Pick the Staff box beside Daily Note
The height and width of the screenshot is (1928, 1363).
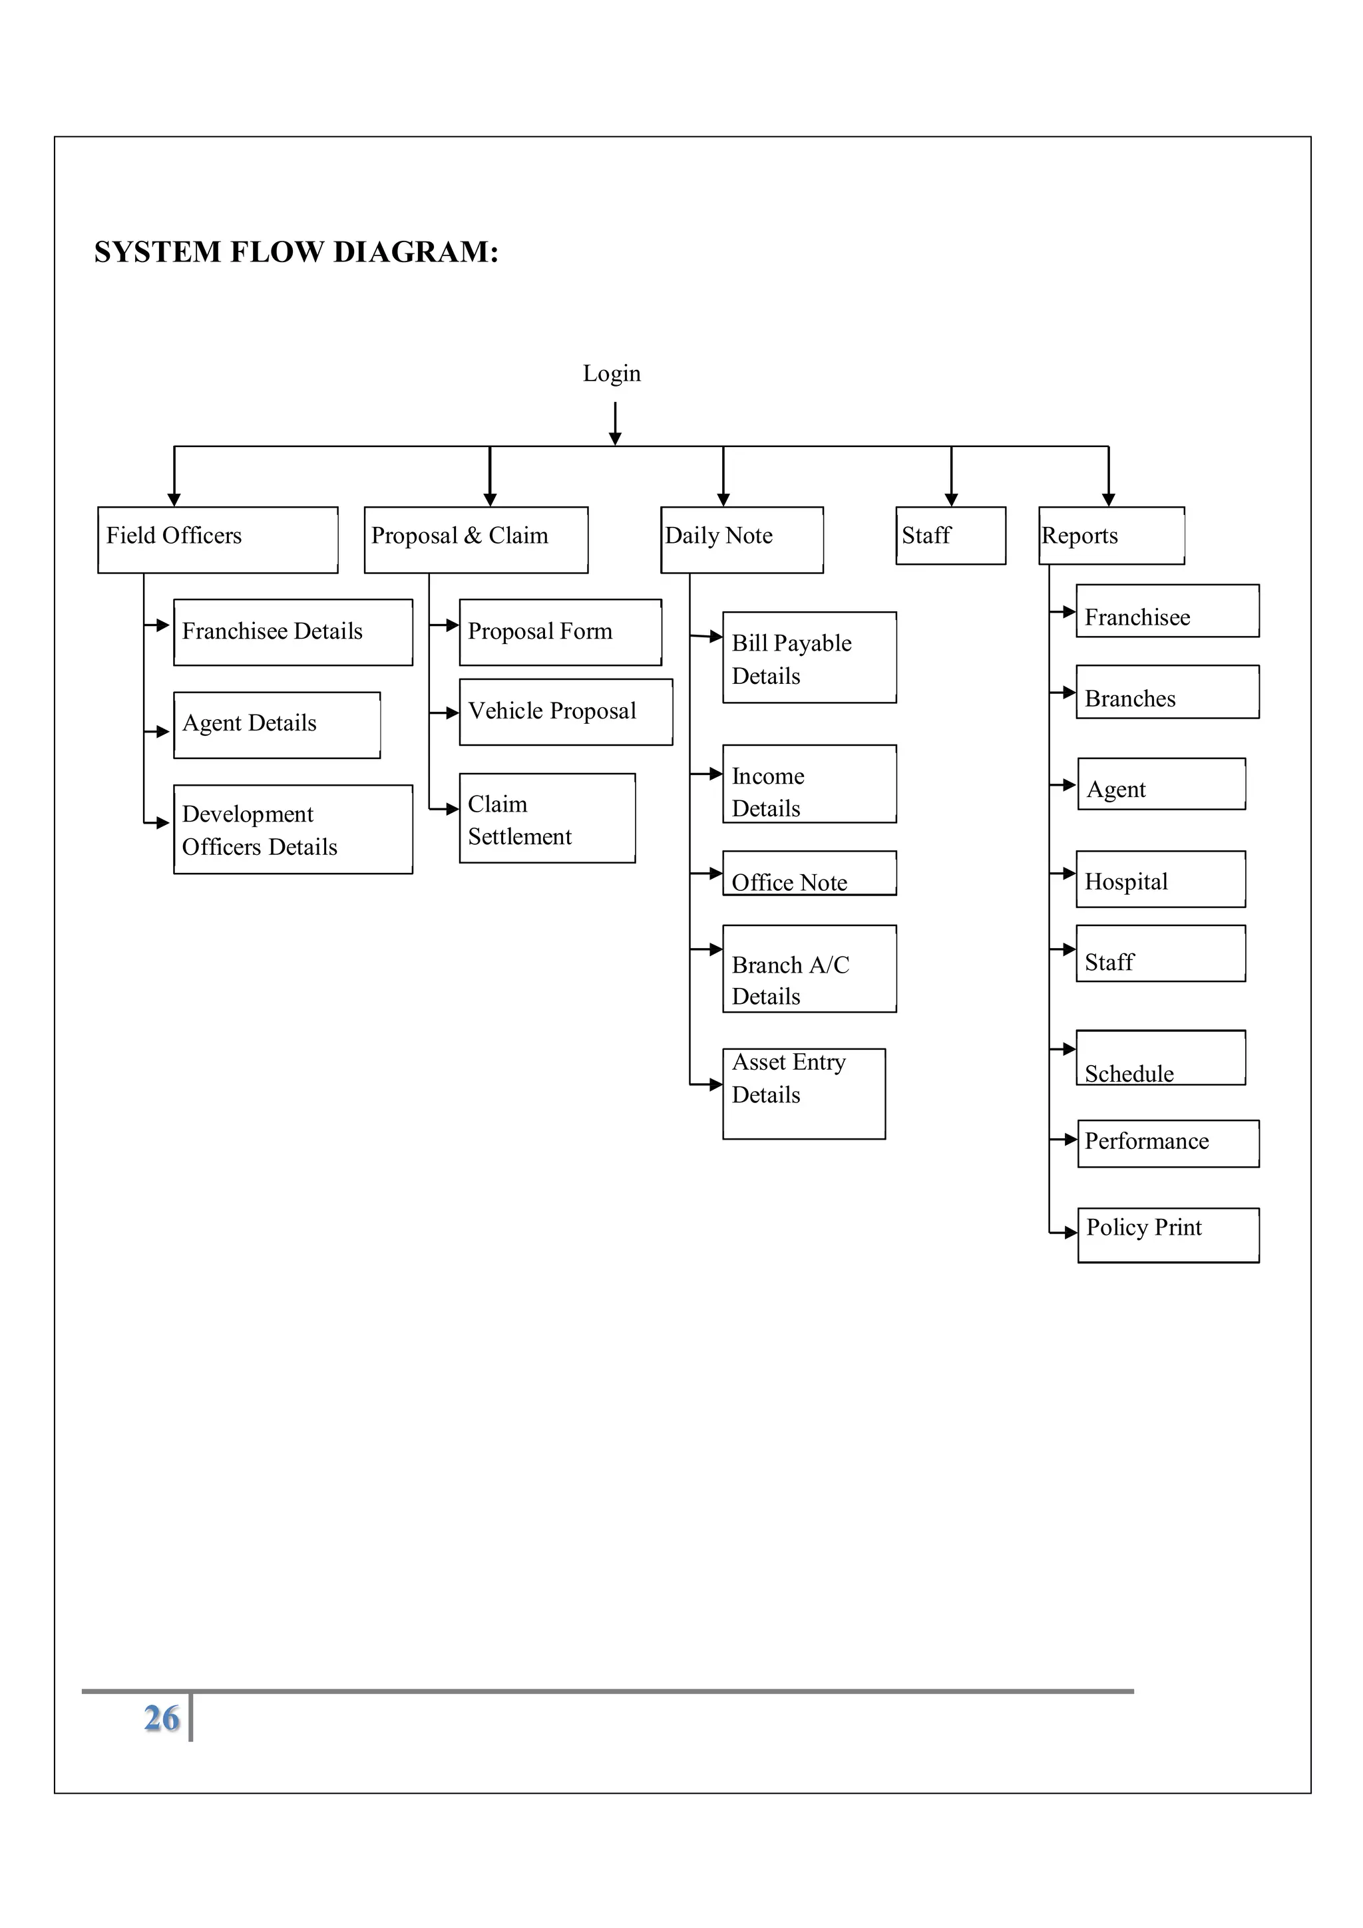[x=950, y=535]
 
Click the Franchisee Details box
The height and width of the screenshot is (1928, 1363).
[x=292, y=631]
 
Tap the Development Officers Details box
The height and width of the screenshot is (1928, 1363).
[x=292, y=829]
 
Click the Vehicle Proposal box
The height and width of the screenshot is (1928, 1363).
[x=565, y=711]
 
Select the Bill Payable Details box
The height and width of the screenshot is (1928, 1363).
[x=809, y=657]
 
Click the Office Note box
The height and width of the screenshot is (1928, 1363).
[x=809, y=874]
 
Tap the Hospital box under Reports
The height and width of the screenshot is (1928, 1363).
[x=1160, y=880]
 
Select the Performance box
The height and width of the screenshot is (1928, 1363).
[x=1167, y=1143]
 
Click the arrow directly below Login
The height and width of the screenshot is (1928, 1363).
[x=615, y=424]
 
